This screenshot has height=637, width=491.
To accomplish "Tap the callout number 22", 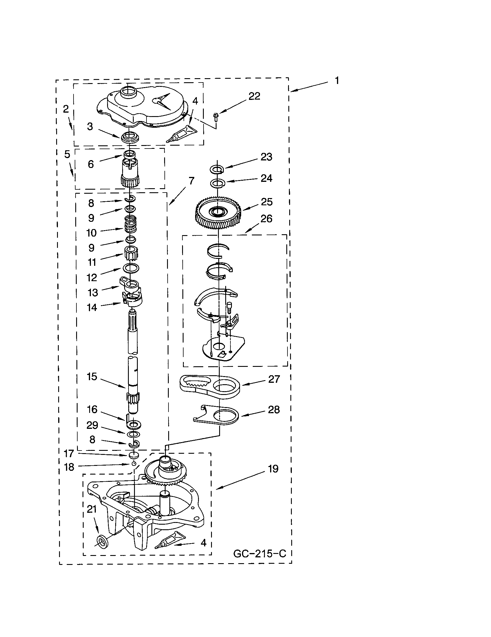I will [x=254, y=96].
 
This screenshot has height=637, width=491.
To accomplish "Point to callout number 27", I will [x=274, y=379].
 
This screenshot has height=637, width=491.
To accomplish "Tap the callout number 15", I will [x=92, y=376].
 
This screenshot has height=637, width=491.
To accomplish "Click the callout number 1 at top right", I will [x=337, y=80].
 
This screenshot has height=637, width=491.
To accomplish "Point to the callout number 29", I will [x=92, y=425].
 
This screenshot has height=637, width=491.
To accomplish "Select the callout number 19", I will [x=273, y=469].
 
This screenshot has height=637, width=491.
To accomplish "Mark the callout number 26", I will [x=267, y=218].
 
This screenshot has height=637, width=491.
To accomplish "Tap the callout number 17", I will [x=69, y=453].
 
